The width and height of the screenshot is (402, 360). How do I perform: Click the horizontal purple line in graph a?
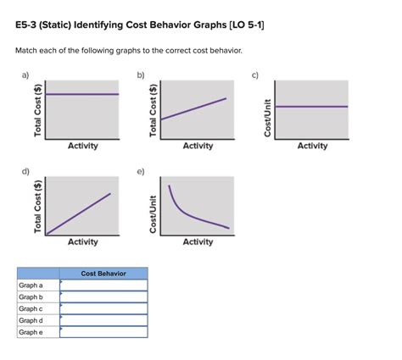click(82, 94)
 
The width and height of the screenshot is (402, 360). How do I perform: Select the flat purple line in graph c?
click(311, 106)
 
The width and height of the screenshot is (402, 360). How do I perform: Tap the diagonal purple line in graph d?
click(79, 213)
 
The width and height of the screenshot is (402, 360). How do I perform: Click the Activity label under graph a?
click(82, 146)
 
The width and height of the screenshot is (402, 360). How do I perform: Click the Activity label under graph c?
click(312, 146)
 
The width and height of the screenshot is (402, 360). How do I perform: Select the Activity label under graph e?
click(198, 242)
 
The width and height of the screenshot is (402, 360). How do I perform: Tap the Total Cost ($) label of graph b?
click(154, 110)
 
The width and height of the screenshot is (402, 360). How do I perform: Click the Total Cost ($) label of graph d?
click(38, 207)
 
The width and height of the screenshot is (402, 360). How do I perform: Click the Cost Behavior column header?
click(103, 274)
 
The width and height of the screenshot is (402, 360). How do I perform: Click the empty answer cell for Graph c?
click(103, 308)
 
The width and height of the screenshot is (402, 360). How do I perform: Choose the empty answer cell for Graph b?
click(103, 296)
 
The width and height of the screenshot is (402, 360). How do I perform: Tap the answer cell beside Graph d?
click(103, 320)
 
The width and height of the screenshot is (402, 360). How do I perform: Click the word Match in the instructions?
click(28, 51)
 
